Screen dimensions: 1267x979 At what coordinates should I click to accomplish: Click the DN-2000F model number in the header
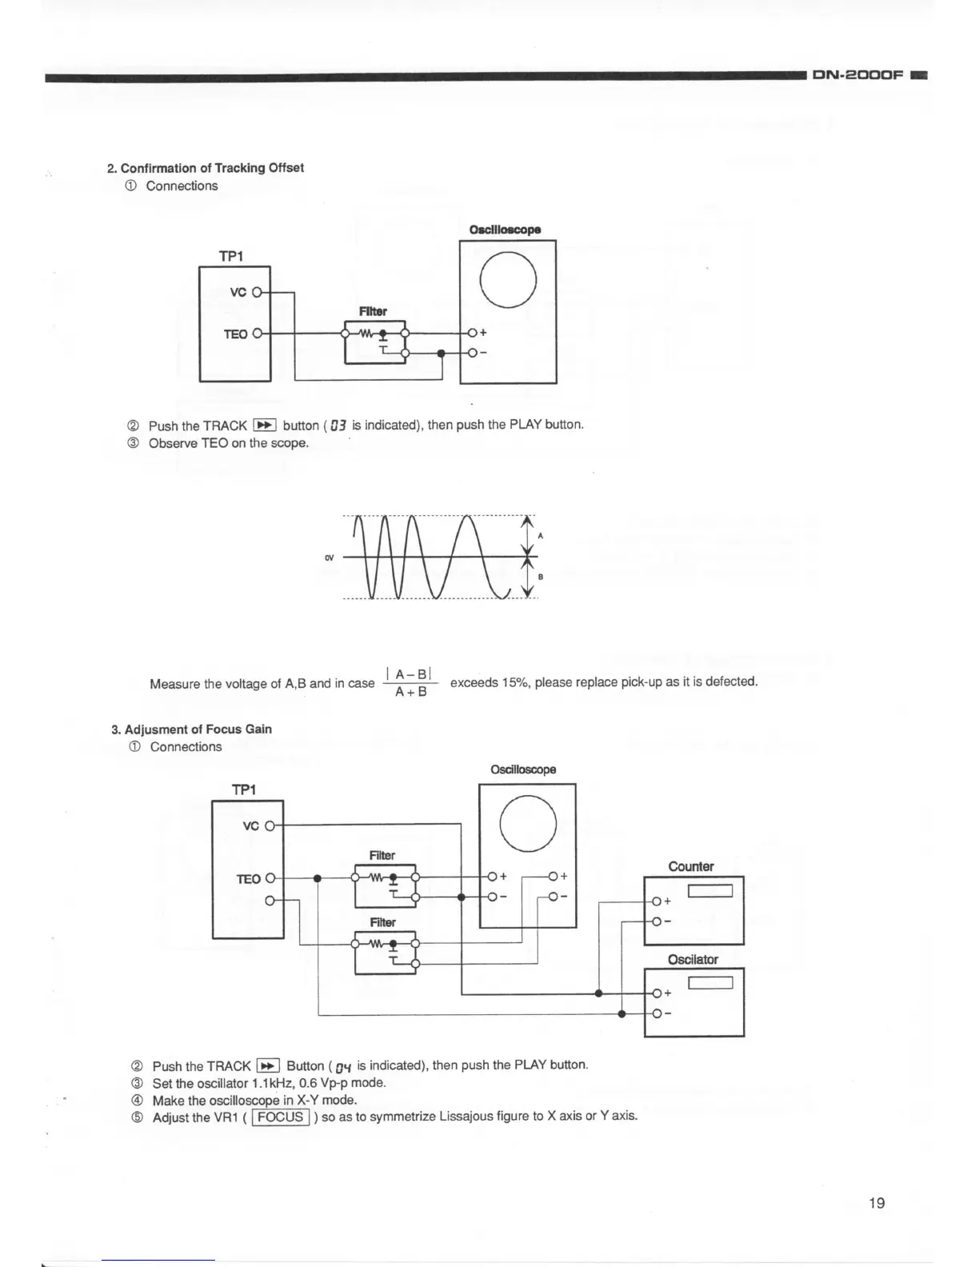[857, 75]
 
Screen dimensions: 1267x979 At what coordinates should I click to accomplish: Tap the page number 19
[877, 1203]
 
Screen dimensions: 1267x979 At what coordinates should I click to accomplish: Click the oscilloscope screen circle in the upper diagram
[508, 280]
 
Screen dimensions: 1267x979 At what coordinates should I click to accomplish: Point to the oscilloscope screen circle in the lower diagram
[528, 824]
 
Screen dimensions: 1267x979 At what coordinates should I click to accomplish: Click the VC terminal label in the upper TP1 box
[238, 293]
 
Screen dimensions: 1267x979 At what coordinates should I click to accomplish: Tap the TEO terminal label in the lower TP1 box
[248, 879]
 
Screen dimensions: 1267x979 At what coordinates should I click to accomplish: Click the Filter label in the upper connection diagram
[373, 311]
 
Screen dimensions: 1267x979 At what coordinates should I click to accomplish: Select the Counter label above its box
[691, 866]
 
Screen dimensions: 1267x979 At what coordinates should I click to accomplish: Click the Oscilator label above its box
[693, 959]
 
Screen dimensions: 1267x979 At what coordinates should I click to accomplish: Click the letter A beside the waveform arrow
[541, 535]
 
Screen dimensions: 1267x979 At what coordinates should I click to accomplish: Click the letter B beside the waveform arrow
[541, 576]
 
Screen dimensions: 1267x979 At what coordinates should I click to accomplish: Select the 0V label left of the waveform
[329, 558]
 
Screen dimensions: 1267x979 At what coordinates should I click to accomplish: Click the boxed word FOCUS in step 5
[281, 1117]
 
